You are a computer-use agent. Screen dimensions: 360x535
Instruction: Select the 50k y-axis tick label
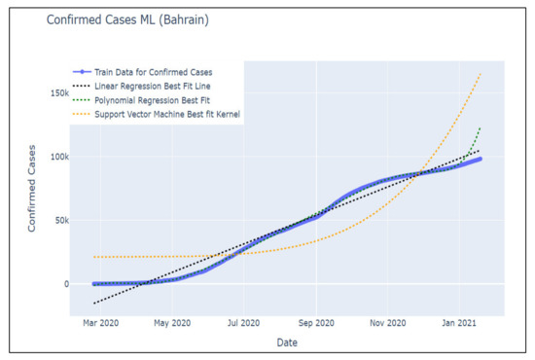coord(59,221)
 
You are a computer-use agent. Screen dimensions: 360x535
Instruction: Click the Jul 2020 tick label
coord(242,321)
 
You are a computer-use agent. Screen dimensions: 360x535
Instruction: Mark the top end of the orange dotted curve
coord(481,74)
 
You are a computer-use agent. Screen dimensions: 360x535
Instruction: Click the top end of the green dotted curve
coord(481,127)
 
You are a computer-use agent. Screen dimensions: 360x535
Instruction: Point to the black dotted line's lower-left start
coord(94,304)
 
